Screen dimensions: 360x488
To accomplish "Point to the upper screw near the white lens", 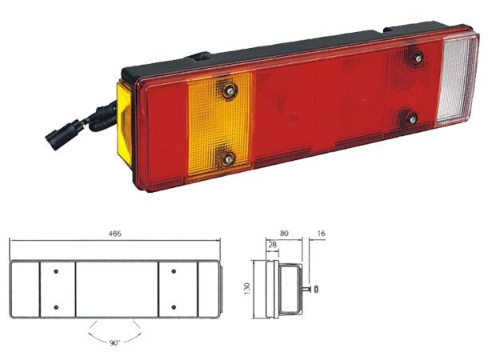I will click(416, 57).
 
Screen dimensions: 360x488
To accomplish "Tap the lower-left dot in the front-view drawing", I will click(57, 306).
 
